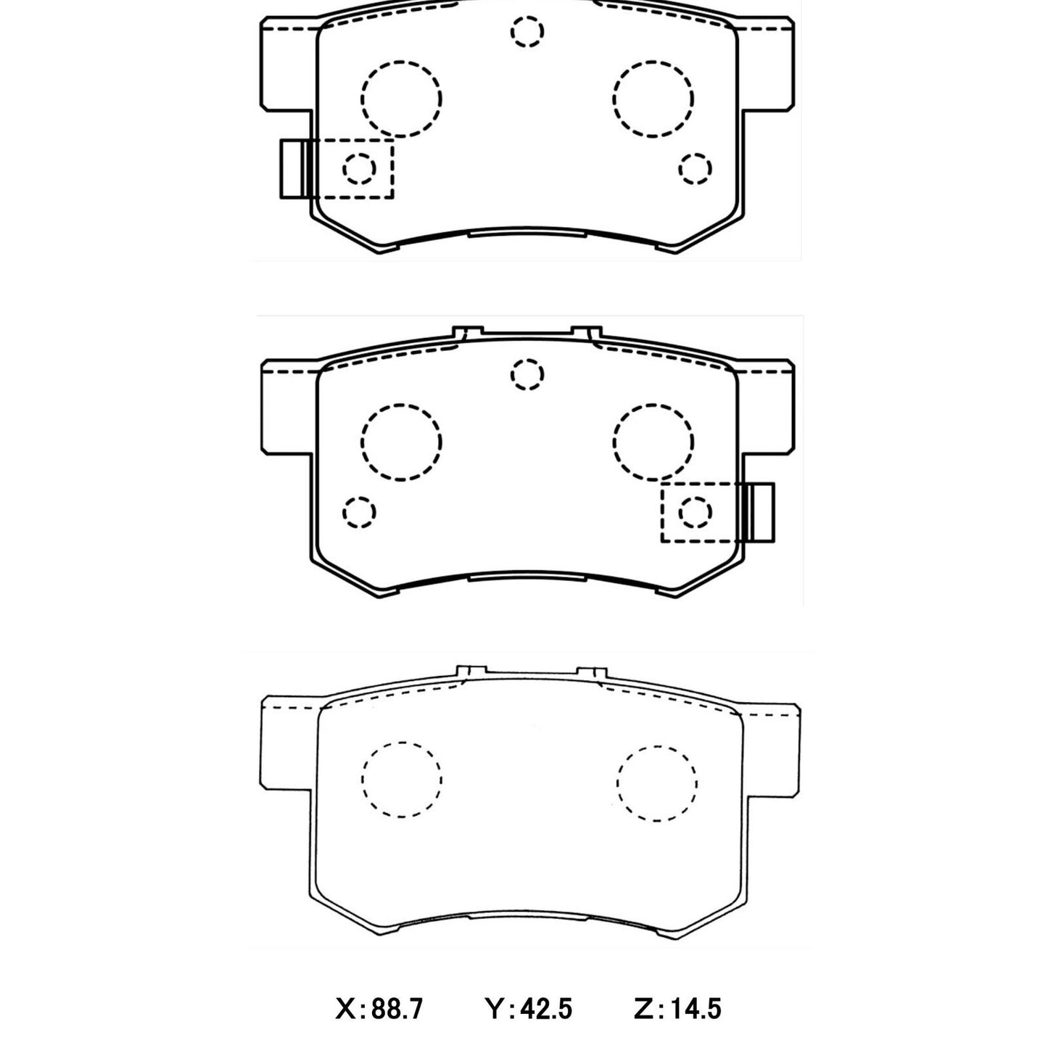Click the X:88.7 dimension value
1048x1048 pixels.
click(x=379, y=1008)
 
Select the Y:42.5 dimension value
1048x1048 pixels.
click(x=529, y=1008)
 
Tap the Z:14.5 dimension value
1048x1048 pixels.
click(x=677, y=1008)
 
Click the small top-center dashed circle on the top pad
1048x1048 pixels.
click(x=527, y=32)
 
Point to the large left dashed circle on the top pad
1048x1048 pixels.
click(x=401, y=99)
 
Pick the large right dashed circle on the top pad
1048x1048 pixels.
click(x=653, y=99)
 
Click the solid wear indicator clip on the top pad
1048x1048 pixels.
click(x=294, y=168)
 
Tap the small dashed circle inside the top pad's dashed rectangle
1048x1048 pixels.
click(x=359, y=168)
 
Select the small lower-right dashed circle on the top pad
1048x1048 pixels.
click(x=695, y=168)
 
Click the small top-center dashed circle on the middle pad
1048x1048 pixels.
click(x=527, y=375)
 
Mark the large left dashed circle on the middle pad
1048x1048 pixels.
click(x=401, y=442)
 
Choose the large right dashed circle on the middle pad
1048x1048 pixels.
click(x=653, y=442)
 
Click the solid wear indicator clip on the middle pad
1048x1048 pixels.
click(x=760, y=512)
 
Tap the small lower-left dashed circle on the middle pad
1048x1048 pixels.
click(x=359, y=512)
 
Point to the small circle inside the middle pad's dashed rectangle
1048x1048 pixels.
click(x=695, y=512)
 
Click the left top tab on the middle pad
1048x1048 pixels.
click(x=468, y=332)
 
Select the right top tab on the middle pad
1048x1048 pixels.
click(x=587, y=332)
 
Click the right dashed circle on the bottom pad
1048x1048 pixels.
click(x=657, y=783)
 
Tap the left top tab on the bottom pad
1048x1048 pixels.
click(x=470, y=672)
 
